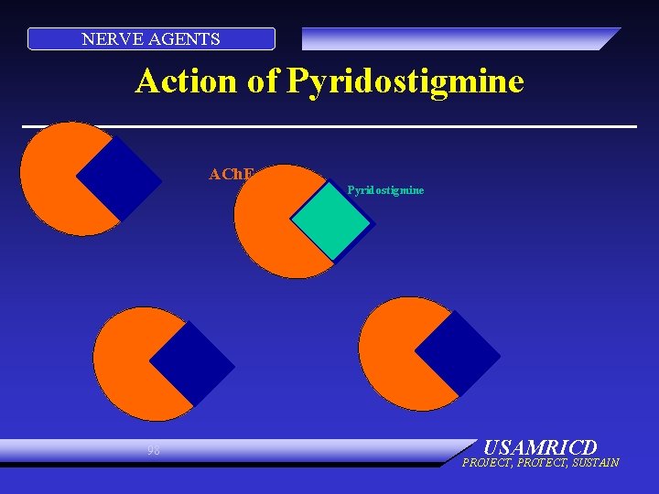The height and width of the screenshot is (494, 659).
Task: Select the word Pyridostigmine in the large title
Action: point(405,81)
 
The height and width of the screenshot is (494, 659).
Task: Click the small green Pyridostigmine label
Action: point(385,190)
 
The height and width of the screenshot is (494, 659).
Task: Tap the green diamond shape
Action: point(331,220)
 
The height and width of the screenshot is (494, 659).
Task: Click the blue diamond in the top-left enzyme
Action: point(119,178)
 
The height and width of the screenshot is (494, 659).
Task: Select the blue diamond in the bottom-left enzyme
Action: point(192,363)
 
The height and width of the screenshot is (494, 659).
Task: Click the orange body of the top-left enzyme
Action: point(55,178)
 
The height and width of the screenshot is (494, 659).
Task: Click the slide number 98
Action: point(153,450)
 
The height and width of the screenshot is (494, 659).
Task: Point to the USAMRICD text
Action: point(539,447)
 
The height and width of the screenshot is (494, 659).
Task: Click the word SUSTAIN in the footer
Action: point(595,463)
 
